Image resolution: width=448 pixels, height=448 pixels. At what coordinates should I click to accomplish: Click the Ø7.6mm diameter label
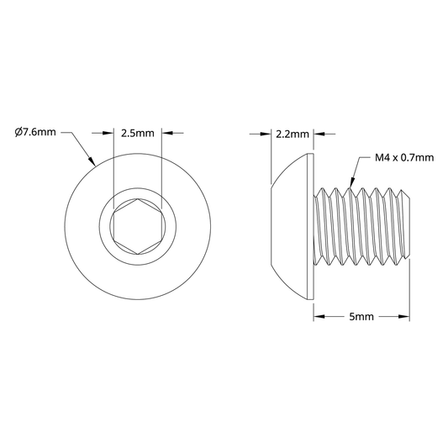(35, 132)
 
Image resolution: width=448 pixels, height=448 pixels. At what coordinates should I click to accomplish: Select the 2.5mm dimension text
(138, 133)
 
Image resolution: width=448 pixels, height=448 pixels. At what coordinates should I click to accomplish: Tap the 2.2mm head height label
(293, 134)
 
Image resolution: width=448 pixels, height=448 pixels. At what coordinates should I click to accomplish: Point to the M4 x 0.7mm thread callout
(404, 157)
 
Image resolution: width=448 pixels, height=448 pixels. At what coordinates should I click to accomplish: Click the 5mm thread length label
(361, 317)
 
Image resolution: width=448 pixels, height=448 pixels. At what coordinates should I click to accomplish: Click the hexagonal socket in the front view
(138, 226)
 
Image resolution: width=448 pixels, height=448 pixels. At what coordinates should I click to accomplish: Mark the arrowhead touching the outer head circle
(92, 161)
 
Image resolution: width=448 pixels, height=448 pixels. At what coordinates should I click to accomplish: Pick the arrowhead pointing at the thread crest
(351, 182)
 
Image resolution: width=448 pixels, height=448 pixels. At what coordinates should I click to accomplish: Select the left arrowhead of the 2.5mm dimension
(108, 133)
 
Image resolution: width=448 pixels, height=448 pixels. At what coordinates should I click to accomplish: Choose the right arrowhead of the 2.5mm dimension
(167, 133)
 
